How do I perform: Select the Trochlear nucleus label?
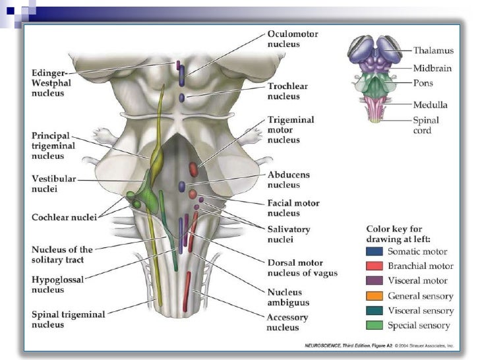point(287,91)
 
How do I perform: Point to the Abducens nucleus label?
point(288,179)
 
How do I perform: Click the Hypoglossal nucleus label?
point(57,285)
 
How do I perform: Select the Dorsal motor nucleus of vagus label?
point(302,267)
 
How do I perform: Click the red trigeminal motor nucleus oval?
point(193,169)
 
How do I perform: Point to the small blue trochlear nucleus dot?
point(182,98)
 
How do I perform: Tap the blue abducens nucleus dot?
point(182,187)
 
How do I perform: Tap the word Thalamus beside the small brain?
point(433,50)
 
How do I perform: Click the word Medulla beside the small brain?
point(430,104)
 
